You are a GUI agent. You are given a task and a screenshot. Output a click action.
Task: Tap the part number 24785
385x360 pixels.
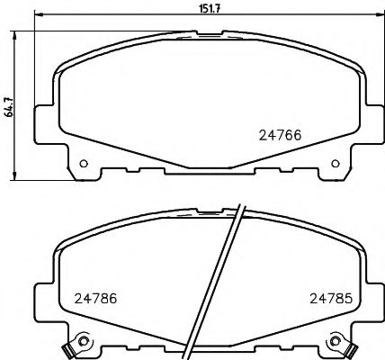(x=330, y=297)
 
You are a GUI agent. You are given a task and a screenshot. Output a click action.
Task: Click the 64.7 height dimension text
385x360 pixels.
(x=8, y=106)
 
